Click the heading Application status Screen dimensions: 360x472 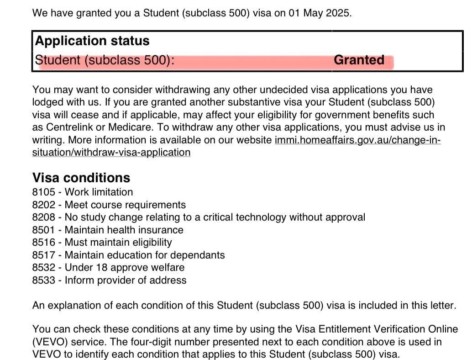click(x=92, y=41)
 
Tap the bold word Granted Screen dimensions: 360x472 click(x=359, y=60)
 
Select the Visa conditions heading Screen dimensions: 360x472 click(x=81, y=177)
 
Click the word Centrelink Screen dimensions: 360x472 click(x=71, y=127)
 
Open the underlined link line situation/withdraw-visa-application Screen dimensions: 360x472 click(x=111, y=153)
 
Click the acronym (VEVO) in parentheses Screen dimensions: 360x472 click(x=49, y=342)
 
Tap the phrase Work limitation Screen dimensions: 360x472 click(x=99, y=192)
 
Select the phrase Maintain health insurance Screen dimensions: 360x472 click(x=124, y=230)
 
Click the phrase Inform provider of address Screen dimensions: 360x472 click(x=126, y=280)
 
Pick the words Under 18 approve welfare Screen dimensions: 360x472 click(x=125, y=267)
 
